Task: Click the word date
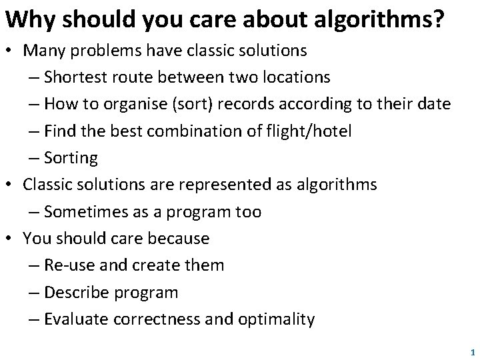click(433, 105)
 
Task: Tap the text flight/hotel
click(313, 131)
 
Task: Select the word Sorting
click(71, 158)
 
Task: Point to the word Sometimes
click(84, 211)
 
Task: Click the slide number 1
click(471, 351)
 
